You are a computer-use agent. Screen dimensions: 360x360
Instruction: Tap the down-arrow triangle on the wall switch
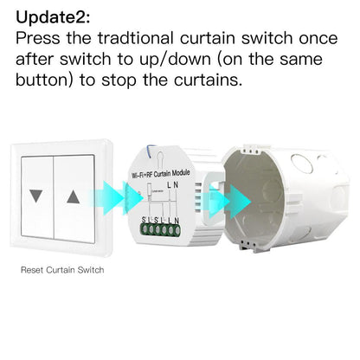tap(35, 196)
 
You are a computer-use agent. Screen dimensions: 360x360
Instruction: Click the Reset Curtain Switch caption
tap(62, 270)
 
